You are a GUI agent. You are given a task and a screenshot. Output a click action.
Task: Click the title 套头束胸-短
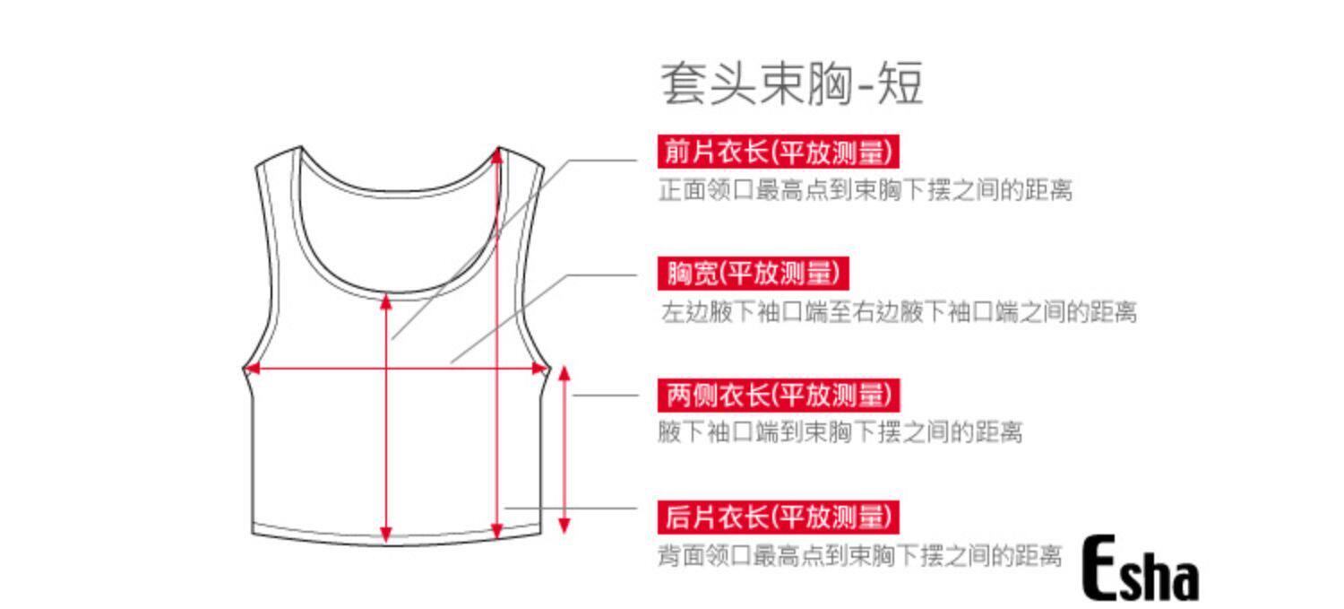[x=791, y=83]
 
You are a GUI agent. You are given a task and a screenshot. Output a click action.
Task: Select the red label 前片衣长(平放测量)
[x=779, y=152]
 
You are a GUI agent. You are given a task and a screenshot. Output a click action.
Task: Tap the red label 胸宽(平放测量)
[x=753, y=274]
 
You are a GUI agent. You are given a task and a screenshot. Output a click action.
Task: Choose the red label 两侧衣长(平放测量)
[x=779, y=396]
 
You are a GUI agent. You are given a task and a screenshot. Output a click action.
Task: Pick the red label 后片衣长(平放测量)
[x=779, y=518]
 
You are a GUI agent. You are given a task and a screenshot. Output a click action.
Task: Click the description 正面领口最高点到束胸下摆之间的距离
[x=866, y=190]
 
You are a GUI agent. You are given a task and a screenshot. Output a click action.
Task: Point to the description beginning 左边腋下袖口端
[x=899, y=312]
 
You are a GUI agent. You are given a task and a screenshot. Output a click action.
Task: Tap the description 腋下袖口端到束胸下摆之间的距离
[x=840, y=431]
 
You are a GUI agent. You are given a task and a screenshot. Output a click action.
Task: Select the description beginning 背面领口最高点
[x=860, y=555]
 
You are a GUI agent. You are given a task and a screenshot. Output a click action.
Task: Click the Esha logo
[x=1140, y=568]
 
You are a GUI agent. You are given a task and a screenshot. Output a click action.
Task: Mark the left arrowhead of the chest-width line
[x=252, y=368]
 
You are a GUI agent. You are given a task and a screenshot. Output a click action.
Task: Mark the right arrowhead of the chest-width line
[x=538, y=368]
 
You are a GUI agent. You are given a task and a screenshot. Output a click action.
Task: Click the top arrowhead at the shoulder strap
[x=496, y=156]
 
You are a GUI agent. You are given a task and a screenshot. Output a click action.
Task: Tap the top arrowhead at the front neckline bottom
[x=386, y=302]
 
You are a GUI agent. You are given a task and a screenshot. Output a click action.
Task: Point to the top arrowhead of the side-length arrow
[x=564, y=374]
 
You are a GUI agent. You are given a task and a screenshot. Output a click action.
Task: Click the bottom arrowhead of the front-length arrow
[x=386, y=534]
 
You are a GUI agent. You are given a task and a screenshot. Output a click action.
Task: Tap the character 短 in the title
[x=900, y=83]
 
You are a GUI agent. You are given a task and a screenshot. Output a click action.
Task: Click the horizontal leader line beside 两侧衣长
[x=606, y=396]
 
